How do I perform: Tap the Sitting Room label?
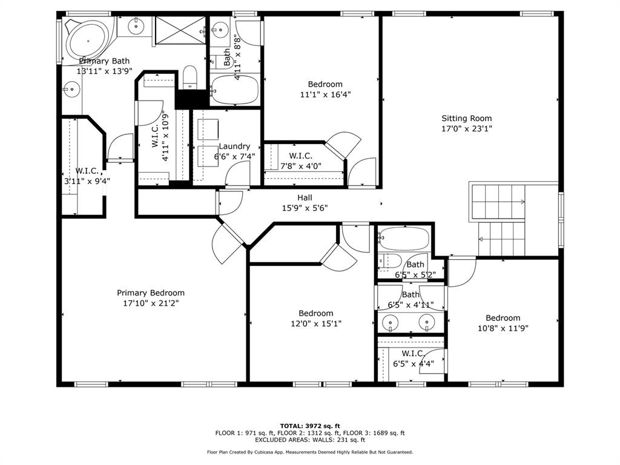(x=466, y=119)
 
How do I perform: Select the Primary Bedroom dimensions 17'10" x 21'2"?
(x=151, y=303)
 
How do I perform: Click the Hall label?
(x=305, y=197)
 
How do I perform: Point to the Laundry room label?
(x=234, y=146)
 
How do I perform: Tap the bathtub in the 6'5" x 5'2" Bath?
(x=403, y=239)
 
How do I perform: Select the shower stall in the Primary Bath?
(x=181, y=30)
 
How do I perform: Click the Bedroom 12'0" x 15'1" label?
(x=315, y=313)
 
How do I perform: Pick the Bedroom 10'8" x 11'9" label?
(x=503, y=318)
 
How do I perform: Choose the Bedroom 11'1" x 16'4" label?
(x=325, y=84)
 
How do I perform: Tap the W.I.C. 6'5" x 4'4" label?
(x=413, y=354)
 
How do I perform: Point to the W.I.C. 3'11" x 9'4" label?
(x=87, y=171)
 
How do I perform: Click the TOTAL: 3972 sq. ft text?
(x=309, y=426)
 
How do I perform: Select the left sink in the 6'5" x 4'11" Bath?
(x=391, y=323)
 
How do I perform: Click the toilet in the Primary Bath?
(x=190, y=77)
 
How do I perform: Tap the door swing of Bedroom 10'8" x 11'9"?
(x=461, y=273)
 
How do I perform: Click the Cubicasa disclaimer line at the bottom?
(x=309, y=452)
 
